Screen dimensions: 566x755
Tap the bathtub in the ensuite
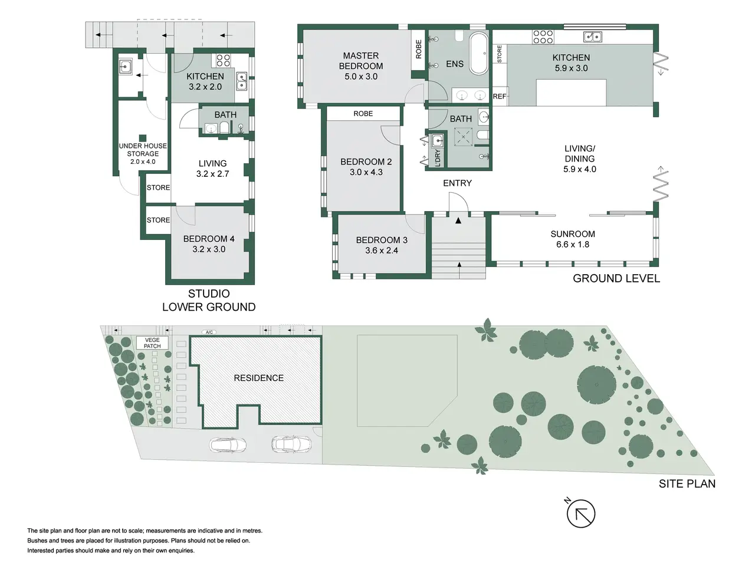click(478, 53)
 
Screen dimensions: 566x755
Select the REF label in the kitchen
click(500, 96)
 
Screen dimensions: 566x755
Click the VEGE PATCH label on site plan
click(152, 343)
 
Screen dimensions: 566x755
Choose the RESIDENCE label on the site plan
click(258, 378)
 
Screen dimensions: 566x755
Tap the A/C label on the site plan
click(209, 332)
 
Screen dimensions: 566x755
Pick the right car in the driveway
click(291, 443)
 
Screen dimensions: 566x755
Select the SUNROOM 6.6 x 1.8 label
click(572, 239)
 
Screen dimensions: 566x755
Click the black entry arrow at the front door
click(458, 221)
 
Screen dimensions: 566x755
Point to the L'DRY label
click(438, 158)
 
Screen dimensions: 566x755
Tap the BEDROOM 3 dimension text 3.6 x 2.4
click(382, 251)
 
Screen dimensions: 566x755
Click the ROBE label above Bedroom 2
click(363, 114)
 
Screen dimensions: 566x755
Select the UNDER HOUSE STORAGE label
click(143, 150)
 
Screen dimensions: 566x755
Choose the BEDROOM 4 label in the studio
click(209, 239)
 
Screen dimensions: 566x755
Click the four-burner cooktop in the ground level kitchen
click(543, 37)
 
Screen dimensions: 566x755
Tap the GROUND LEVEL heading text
click(616, 278)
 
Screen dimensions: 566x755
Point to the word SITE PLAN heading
click(687, 484)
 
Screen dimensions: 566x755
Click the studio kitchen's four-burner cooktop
click(223, 60)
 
